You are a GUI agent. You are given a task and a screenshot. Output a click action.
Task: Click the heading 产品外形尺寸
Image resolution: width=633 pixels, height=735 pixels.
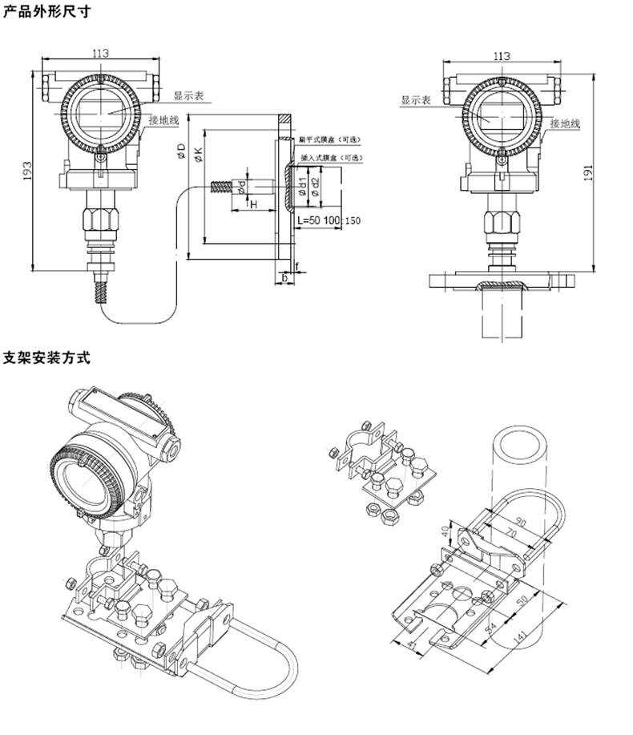point(47,13)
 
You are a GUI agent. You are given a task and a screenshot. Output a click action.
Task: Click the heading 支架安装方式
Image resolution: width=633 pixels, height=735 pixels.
point(47,357)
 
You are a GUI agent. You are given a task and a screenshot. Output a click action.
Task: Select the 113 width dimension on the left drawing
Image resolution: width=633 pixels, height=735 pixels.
point(100,53)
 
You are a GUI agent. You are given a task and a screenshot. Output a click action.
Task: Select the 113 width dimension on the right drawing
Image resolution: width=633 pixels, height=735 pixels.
point(501,55)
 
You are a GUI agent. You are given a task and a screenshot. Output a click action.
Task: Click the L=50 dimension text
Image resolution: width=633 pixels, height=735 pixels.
point(309,220)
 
